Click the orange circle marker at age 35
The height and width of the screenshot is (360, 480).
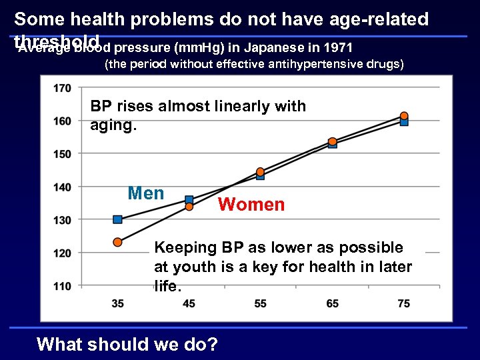[117, 242]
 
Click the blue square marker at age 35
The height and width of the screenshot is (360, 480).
[117, 219]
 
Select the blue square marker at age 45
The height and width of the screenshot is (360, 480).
[189, 199]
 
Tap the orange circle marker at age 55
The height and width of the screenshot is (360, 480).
[261, 171]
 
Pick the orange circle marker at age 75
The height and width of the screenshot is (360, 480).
[404, 116]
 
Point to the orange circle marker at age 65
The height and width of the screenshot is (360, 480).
[333, 141]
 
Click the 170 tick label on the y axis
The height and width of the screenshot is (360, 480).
[62, 88]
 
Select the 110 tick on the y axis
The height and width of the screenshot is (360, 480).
[62, 286]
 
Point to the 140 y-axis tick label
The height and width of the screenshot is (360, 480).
[62, 187]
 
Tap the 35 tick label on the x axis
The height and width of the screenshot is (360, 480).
[117, 304]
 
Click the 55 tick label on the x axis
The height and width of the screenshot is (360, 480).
[261, 304]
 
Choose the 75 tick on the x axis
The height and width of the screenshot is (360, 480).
[404, 304]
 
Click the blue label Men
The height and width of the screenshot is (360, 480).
[145, 193]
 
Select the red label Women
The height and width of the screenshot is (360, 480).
[251, 205]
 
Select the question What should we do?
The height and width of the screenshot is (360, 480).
[127, 344]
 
